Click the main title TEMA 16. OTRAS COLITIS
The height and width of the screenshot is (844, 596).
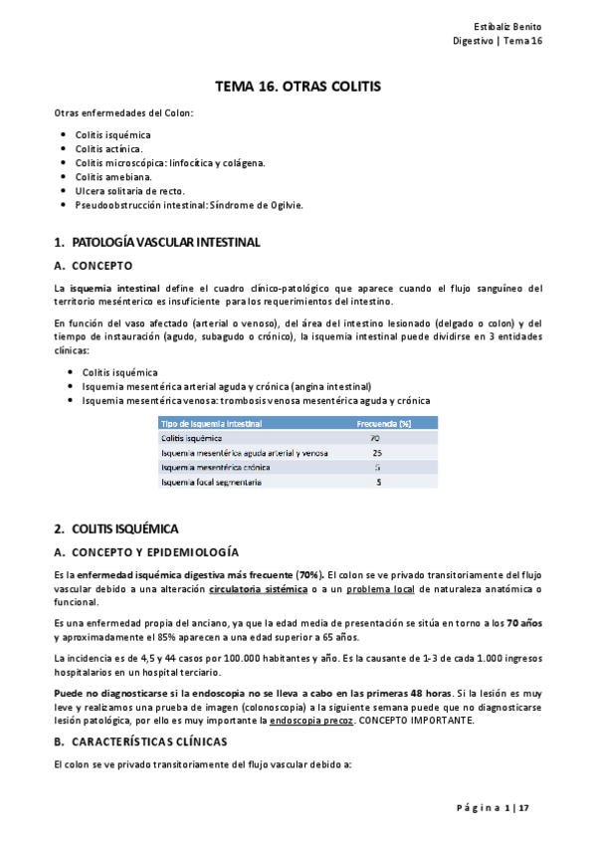click(298, 88)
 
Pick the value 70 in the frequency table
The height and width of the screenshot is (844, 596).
click(375, 438)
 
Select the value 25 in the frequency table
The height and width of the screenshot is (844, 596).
click(377, 453)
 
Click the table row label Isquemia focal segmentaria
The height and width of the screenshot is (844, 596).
click(212, 482)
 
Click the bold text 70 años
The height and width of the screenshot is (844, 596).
click(525, 623)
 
